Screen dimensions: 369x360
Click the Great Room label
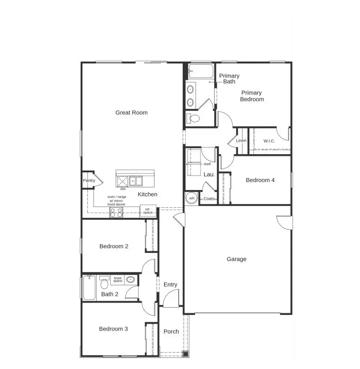click(x=131, y=113)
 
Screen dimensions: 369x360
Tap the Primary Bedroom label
click(x=251, y=96)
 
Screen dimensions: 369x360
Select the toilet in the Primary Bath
click(x=193, y=118)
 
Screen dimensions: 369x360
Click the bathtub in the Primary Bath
click(x=200, y=71)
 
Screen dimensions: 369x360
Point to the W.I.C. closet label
click(x=269, y=141)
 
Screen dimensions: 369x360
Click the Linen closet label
click(x=241, y=141)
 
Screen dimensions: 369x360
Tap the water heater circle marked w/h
click(x=192, y=198)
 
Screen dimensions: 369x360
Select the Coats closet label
click(x=209, y=199)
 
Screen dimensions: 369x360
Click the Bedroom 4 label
click(x=260, y=180)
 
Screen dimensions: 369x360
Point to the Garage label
click(x=236, y=259)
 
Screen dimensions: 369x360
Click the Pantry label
click(x=89, y=181)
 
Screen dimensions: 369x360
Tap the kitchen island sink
click(x=136, y=181)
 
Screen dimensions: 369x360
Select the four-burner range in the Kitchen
click(x=116, y=212)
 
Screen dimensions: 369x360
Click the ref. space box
click(x=148, y=211)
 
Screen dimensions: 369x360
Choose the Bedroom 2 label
click(x=114, y=246)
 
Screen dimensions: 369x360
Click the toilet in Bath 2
click(x=105, y=283)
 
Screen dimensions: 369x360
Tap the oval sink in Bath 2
click(x=130, y=280)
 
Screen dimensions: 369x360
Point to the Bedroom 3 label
click(x=113, y=329)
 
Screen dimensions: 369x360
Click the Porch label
click(x=171, y=331)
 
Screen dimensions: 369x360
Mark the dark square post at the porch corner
click(x=185, y=353)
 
